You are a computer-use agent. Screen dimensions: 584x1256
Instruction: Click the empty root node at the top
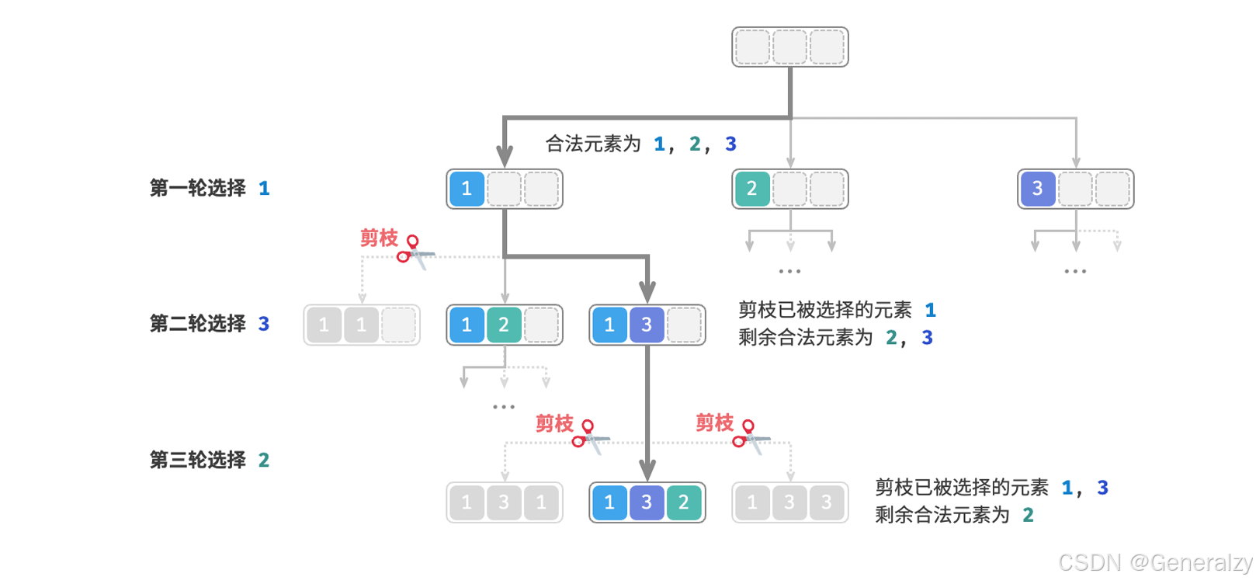(x=789, y=47)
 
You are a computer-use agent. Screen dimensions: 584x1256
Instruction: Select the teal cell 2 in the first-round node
(x=751, y=189)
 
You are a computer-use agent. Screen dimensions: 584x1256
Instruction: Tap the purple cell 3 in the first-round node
(x=1036, y=189)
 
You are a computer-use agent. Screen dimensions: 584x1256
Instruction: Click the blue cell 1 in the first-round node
(x=467, y=189)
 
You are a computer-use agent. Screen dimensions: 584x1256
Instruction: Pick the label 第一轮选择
(x=198, y=189)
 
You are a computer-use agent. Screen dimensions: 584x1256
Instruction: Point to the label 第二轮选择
(x=198, y=324)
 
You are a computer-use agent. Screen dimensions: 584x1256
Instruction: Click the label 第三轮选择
(x=198, y=460)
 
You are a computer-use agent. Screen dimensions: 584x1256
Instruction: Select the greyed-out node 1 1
(x=362, y=325)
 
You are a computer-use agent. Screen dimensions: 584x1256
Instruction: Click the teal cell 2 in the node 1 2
(x=504, y=325)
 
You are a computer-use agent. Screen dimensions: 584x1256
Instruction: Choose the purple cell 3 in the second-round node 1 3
(x=647, y=325)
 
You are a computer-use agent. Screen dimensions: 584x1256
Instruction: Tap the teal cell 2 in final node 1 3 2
(x=684, y=502)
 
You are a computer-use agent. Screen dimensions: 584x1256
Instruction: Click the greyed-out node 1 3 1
(x=505, y=502)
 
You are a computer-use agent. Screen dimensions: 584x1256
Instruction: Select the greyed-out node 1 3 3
(x=789, y=502)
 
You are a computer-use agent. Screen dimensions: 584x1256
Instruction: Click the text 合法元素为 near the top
(x=593, y=144)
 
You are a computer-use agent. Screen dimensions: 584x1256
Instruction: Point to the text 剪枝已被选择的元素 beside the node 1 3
(x=825, y=310)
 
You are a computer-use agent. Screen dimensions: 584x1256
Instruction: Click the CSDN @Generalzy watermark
(x=1155, y=562)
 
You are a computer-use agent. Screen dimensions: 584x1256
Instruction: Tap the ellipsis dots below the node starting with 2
(x=789, y=271)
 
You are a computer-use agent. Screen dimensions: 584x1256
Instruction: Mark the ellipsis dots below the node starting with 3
(x=1075, y=271)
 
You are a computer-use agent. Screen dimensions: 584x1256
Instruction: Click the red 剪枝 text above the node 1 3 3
(x=714, y=422)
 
